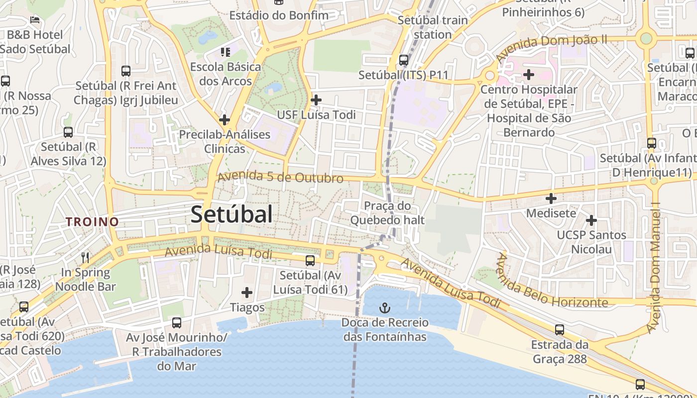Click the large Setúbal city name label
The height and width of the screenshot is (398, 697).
232,214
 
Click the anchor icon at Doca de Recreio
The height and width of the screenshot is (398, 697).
384,307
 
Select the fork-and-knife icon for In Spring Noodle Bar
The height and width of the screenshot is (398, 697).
85,257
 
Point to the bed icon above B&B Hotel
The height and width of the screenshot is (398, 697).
35,20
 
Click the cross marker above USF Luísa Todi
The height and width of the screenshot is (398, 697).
316,99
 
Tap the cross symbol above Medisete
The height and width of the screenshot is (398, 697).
551,199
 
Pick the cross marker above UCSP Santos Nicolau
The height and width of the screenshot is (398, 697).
591,220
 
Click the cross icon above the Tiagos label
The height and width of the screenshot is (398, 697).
247,293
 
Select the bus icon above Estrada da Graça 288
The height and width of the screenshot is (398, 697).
560,329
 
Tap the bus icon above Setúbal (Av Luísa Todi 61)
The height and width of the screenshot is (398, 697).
310,260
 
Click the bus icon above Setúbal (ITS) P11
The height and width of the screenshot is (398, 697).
404,60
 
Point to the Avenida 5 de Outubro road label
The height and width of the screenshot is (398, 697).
280,177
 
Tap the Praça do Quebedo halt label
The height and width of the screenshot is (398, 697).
387,212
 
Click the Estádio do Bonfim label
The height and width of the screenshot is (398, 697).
279,15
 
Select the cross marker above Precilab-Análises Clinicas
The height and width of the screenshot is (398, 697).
225,120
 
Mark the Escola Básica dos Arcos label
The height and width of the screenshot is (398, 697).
226,73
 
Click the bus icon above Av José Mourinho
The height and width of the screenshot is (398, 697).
177,322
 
